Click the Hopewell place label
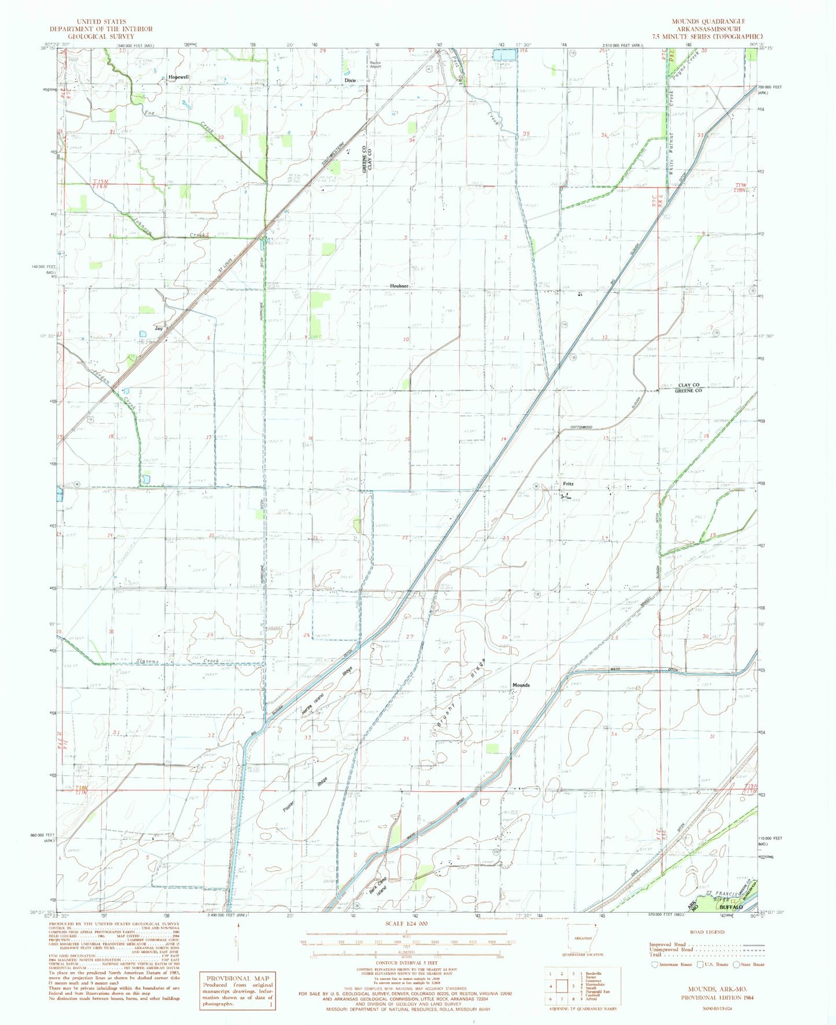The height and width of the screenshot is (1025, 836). point(178,77)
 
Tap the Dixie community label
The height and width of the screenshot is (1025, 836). point(350,80)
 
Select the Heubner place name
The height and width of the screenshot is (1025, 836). point(399,286)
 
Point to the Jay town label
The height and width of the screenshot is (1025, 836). point(159,328)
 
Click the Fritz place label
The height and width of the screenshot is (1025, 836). point(568,484)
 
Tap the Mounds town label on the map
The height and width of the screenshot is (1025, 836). point(521,685)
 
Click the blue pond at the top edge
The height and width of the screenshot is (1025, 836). point(504,55)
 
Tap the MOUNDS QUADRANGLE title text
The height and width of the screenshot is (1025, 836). point(708,21)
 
